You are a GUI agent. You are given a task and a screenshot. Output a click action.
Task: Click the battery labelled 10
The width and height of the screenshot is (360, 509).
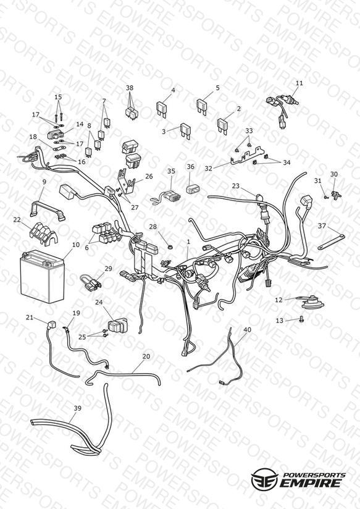point(42,277)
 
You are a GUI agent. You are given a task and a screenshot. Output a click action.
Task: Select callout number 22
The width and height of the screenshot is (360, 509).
point(17,220)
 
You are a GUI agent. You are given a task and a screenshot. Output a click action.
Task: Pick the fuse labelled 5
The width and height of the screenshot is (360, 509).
point(202,106)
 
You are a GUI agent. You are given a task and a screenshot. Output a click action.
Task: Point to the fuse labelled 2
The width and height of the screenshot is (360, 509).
point(223,125)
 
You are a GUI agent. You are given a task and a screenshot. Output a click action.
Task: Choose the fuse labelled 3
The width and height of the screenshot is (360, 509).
point(185,130)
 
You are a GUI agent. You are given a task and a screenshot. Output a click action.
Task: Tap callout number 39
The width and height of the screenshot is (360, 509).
point(77,408)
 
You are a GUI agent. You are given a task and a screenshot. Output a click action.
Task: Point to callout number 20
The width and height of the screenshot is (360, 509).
point(146,356)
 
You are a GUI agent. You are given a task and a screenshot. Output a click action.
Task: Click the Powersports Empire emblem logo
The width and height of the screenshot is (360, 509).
point(264,479)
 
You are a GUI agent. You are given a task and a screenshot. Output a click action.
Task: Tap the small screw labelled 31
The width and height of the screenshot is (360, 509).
point(326,196)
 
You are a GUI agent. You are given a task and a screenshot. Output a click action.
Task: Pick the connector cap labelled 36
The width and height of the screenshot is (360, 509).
point(192,188)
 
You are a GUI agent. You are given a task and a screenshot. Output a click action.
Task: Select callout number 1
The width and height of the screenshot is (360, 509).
point(188,242)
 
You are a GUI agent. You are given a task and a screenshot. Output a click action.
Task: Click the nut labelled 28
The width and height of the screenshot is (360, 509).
point(169,247)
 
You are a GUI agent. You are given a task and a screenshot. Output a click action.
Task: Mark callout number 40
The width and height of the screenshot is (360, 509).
point(247,329)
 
